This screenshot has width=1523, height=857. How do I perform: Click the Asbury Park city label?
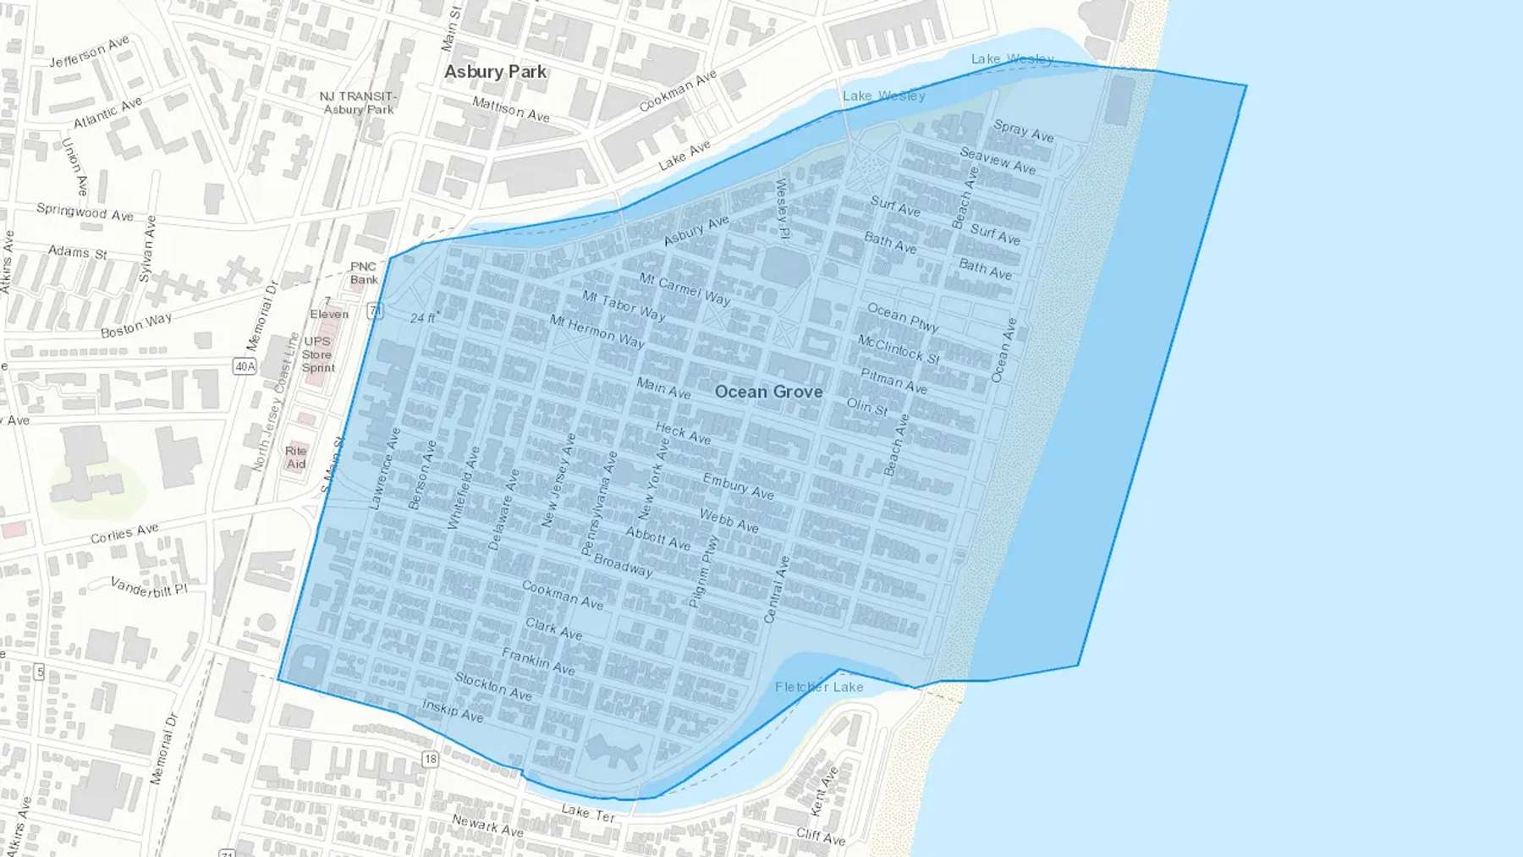point(495,72)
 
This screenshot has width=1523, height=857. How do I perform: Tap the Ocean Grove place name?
point(768,392)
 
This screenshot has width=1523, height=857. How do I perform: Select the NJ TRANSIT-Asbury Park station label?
point(358,102)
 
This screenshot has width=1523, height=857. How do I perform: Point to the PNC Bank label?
point(364,273)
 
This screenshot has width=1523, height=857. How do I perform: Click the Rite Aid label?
point(295,457)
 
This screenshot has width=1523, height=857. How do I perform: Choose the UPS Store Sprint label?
point(318,354)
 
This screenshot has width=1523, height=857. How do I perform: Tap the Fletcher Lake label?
point(819,687)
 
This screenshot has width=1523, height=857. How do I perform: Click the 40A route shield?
point(245,366)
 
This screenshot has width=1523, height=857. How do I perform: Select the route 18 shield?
point(431,759)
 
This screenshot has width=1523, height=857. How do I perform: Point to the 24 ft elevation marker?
point(423,318)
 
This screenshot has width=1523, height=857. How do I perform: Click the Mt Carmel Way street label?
point(685,288)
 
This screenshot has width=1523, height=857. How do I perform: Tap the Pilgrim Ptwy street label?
point(703,572)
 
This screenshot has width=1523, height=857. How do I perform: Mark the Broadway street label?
point(623,565)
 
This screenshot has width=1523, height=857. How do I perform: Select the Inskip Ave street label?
point(453,711)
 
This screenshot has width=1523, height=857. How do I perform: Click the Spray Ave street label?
point(1023,130)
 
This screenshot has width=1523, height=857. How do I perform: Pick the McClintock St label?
point(899,349)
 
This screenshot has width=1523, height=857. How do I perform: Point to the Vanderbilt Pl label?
point(149,587)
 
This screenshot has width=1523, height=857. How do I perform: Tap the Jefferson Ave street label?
point(89,52)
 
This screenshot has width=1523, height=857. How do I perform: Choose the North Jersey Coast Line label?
point(276,402)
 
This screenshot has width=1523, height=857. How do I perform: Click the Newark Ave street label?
point(487,825)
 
